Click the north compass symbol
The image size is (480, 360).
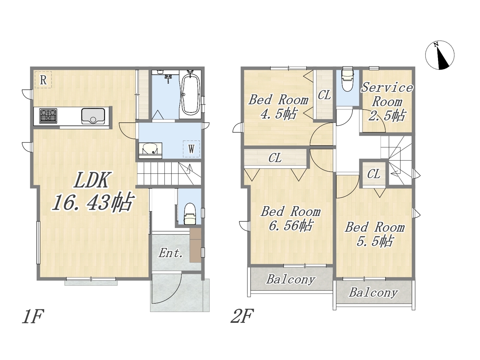pos(439,55)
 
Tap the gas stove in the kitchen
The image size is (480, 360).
pos(48,116)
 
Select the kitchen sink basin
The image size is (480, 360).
pos(93,116)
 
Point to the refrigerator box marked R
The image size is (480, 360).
pos(43,80)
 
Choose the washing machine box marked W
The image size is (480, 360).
pos(191,149)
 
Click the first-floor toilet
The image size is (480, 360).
pos(189,214)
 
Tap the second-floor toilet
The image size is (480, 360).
pos(348,80)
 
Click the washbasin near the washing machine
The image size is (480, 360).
pos(150,150)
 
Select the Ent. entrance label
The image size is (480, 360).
pos(171,253)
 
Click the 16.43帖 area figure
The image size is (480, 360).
pos(93,202)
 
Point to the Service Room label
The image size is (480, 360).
pos(387,94)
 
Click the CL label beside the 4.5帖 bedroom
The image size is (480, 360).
pos(324,95)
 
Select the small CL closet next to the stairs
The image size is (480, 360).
pos(374,174)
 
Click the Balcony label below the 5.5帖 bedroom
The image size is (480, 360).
pos(373,292)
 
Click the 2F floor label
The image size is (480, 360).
pos(242,316)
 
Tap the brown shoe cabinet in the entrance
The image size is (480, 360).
pos(195,245)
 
